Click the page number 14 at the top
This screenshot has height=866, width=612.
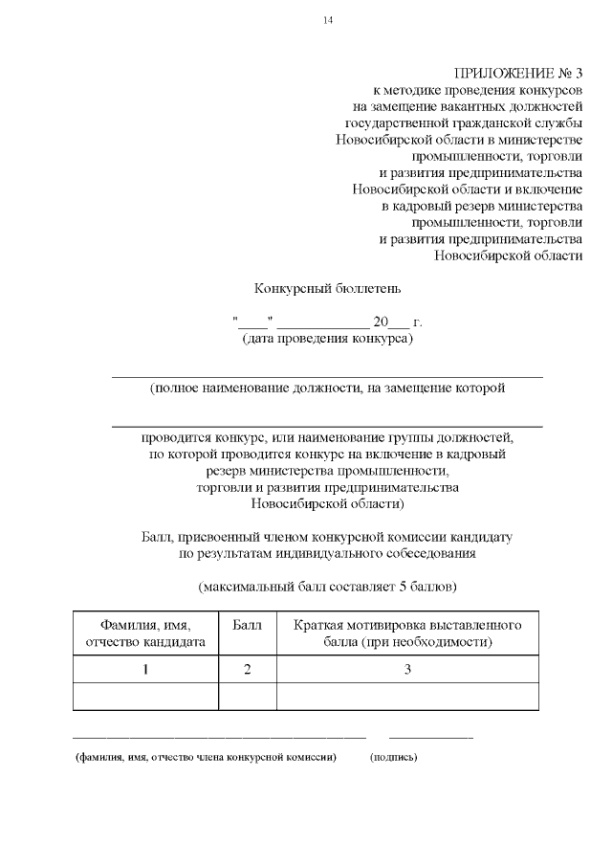pos(328,20)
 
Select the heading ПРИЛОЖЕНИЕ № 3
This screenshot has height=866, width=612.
pos(517,74)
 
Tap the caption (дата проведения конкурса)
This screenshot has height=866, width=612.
pos(327,339)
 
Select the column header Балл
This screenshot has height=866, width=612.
pos(248,625)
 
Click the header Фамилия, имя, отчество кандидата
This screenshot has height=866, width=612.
pos(145,633)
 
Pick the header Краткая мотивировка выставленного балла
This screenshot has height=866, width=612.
pos(407,633)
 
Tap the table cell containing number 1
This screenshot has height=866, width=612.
pos(145,669)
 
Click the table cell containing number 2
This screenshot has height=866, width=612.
pos(248,669)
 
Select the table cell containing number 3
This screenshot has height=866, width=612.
pos(407,669)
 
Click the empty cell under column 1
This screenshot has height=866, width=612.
pos(145,696)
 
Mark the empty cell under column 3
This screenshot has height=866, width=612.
pos(407,696)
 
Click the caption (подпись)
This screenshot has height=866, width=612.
pos(393,757)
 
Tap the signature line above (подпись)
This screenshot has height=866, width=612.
pos(429,737)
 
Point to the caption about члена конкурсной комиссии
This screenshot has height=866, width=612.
pos(207,757)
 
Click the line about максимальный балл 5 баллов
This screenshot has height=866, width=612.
pos(327,584)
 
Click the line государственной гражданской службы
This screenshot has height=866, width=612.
pos(463,123)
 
